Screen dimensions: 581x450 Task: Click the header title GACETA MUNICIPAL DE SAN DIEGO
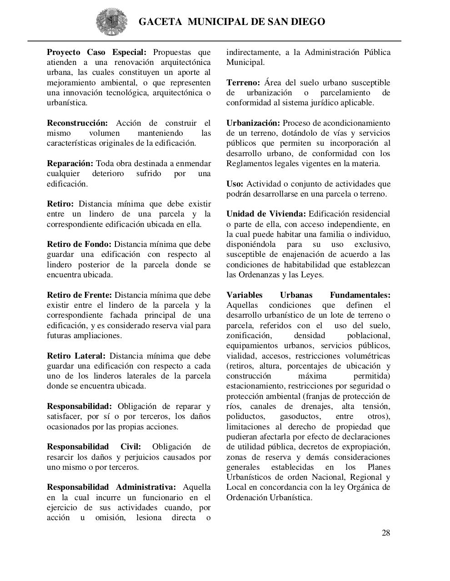tap(231, 22)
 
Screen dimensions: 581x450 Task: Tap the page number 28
tap(385, 533)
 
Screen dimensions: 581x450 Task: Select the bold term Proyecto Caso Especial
tap(96, 52)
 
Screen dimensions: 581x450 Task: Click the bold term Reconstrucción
tap(77, 123)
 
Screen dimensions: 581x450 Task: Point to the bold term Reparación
tap(70, 163)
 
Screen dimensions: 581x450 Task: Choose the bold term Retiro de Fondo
tap(79, 244)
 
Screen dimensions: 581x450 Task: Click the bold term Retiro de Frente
tap(79, 295)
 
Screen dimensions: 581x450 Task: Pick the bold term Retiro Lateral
tap(76, 356)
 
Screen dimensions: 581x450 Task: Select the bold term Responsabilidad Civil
tap(94, 447)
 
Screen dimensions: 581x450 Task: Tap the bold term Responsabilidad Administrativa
tap(111, 487)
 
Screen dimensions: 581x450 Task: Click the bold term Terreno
tap(243, 83)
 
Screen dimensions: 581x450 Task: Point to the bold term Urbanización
tap(253, 123)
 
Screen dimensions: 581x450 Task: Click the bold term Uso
tap(235, 184)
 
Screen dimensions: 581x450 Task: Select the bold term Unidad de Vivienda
tap(266, 214)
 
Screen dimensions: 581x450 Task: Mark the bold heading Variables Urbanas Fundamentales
tap(308, 295)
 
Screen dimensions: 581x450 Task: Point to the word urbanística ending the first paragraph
tap(67, 103)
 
